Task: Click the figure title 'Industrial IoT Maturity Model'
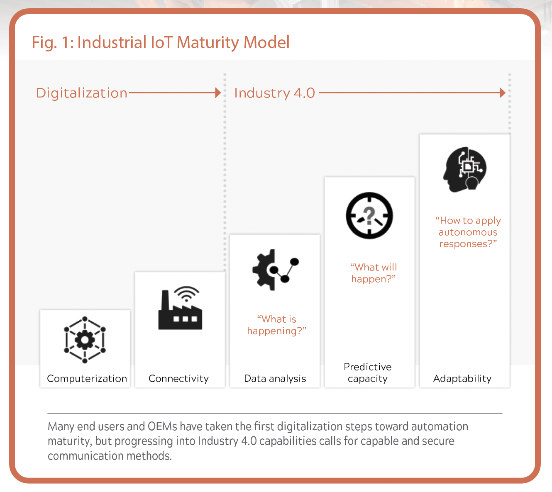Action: [x=183, y=42]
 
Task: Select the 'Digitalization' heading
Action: [x=82, y=93]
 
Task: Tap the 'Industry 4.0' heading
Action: [x=275, y=93]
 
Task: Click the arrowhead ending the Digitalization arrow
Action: [x=218, y=93]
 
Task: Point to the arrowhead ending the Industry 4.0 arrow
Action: [x=503, y=93]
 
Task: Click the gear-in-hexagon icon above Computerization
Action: [x=85, y=340]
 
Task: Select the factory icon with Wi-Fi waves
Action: [x=181, y=308]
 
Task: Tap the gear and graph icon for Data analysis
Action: [x=276, y=270]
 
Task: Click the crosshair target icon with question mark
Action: [x=369, y=215]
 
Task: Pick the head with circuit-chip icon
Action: [x=465, y=169]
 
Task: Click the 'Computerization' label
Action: [x=87, y=379]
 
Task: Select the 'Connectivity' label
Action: [x=178, y=379]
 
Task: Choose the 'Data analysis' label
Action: [x=275, y=379]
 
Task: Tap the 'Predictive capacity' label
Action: [x=368, y=373]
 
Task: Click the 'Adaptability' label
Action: [x=462, y=379]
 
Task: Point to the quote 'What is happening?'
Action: [x=276, y=325]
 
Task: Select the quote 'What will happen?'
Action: [x=373, y=273]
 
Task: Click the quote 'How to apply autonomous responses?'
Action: [x=468, y=232]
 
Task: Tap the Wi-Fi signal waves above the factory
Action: [x=187, y=293]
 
